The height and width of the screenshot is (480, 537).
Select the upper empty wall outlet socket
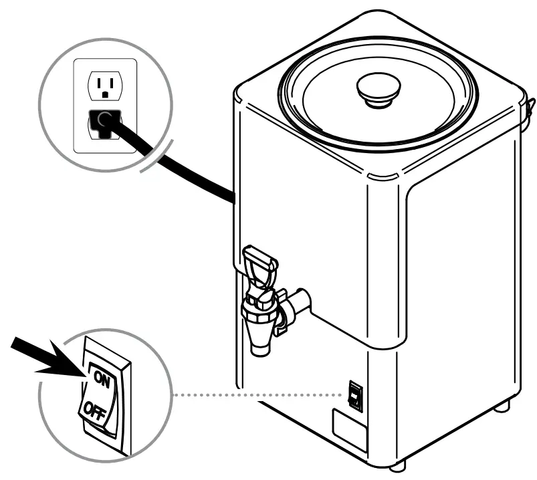point(103,85)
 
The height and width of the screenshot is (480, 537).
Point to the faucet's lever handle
point(260,263)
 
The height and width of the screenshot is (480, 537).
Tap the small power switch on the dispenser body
point(355,396)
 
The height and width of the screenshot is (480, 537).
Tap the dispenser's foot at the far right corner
point(504,405)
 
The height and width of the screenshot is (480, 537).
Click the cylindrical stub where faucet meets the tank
point(302,301)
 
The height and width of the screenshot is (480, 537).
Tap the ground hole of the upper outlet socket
point(103,93)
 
